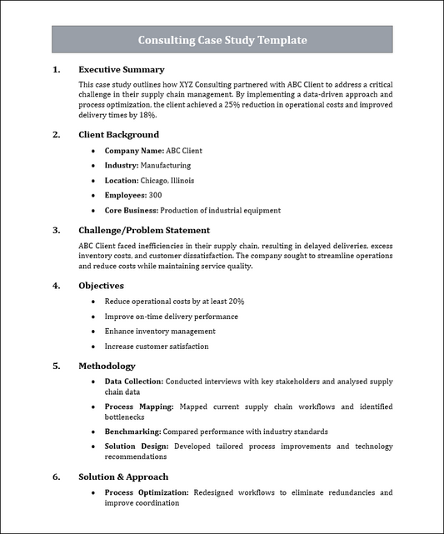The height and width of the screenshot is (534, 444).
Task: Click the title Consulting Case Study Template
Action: [222, 40]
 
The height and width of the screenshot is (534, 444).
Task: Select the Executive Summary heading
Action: [121, 70]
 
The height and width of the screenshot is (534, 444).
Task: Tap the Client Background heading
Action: [118, 135]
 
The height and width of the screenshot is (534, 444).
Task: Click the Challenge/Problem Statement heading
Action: [143, 231]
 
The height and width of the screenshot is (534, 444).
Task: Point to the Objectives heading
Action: [107, 286]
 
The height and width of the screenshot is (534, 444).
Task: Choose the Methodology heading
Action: [107, 366]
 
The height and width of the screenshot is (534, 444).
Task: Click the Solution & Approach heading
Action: [123, 477]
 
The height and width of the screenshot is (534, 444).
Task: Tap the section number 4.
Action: [56, 286]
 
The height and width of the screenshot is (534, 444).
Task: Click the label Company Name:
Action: [134, 151]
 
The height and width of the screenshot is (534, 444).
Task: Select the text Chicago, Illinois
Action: [167, 181]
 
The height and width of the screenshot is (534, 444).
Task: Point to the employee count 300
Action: [155, 196]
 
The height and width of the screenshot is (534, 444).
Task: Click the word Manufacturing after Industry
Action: [165, 166]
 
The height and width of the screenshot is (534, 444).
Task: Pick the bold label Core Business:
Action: [131, 211]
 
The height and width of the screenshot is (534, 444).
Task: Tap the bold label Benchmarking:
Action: [132, 432]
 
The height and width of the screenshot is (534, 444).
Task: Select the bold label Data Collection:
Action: [134, 382]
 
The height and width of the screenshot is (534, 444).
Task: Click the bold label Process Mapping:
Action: [139, 407]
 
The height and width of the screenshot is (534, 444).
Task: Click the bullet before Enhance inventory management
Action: [92, 332]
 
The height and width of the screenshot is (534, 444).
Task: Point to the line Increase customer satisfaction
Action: [157, 347]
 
